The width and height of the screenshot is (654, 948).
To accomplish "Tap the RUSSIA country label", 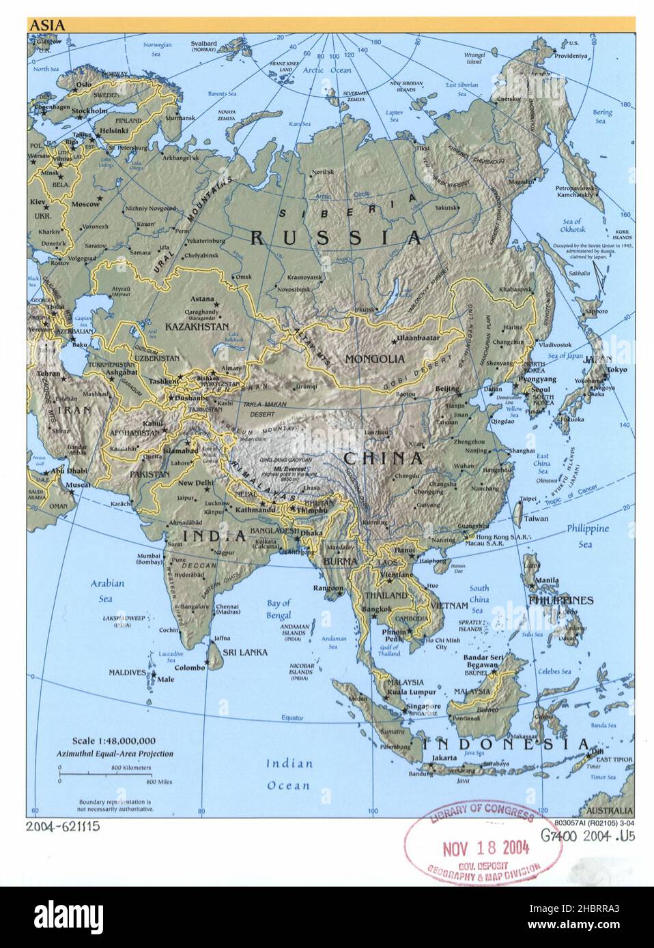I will click(336, 237).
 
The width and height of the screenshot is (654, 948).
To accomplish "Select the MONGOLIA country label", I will click(375, 358).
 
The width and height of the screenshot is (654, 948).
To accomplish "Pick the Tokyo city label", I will click(616, 370).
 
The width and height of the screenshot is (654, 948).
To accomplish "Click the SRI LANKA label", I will click(248, 652).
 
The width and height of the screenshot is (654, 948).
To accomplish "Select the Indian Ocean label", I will click(289, 774).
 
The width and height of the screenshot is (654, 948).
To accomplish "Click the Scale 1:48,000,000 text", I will click(114, 741).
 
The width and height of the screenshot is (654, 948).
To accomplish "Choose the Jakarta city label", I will click(444, 758).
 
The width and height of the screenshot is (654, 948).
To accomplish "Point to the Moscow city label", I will click(86, 204).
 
